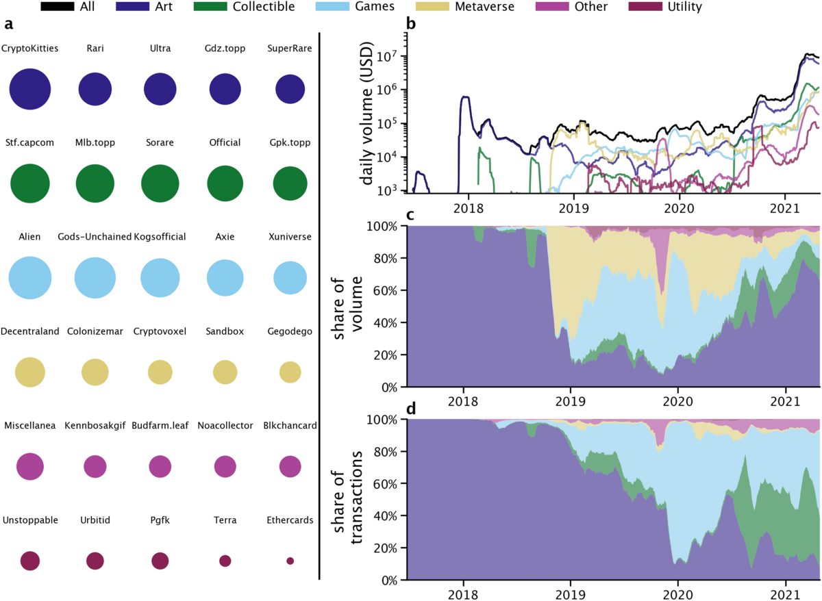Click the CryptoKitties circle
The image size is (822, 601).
point(29,90)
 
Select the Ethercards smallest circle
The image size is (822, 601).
point(290,561)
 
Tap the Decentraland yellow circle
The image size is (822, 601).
point(29,372)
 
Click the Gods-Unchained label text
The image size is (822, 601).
point(95,237)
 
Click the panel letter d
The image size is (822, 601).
point(411,409)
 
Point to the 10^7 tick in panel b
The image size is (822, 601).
point(389,57)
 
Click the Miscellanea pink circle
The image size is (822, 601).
point(29,466)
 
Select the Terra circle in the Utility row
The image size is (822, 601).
point(225,561)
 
